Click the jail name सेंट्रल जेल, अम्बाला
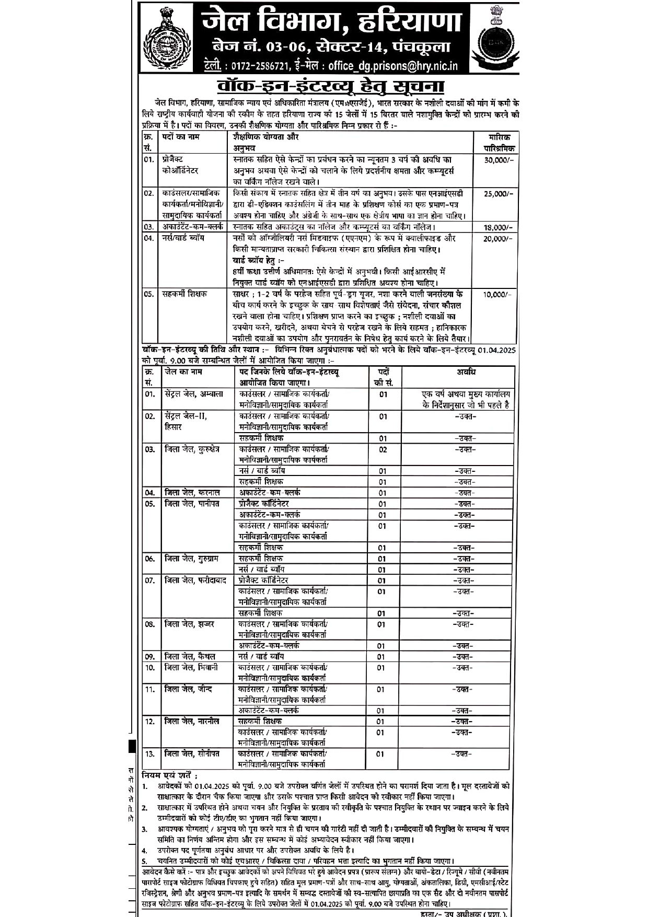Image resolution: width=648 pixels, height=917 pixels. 193,394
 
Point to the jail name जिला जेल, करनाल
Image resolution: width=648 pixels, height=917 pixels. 191,493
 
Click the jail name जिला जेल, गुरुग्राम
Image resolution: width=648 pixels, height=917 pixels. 191,559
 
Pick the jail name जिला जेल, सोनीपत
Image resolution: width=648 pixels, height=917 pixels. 191,753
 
